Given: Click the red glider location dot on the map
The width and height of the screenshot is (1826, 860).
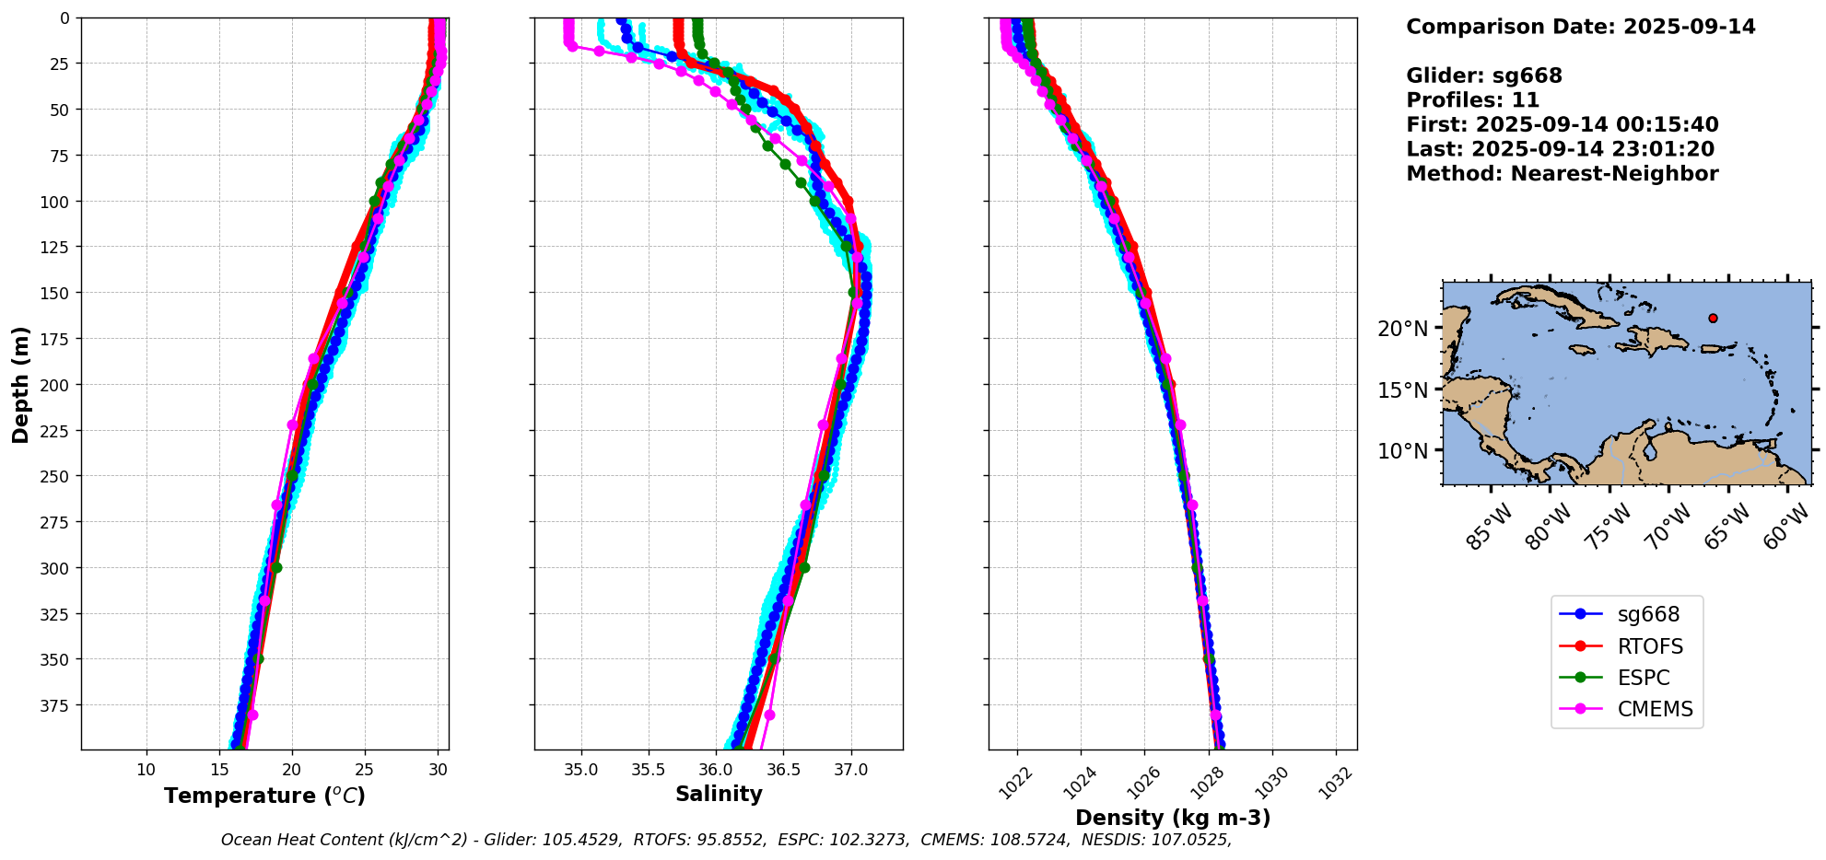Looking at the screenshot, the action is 1713,319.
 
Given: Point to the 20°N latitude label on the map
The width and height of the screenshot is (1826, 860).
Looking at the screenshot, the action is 1402,329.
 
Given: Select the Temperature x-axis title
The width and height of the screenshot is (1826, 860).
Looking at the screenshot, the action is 264,796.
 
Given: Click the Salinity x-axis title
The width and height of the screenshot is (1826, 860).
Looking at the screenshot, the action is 719,795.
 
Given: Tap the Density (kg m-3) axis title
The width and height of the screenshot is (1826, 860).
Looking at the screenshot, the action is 1173,818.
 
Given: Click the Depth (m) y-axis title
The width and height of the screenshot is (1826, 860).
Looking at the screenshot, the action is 20,384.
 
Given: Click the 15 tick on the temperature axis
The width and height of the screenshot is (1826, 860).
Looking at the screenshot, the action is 219,769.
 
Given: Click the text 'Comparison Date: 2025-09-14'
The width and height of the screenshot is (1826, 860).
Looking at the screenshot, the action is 1581,27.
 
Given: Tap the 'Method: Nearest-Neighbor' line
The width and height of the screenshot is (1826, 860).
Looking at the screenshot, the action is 1563,174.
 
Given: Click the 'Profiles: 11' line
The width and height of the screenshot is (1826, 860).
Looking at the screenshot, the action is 1472,100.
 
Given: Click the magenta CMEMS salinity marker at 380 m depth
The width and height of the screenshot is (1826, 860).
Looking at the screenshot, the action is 769,715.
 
